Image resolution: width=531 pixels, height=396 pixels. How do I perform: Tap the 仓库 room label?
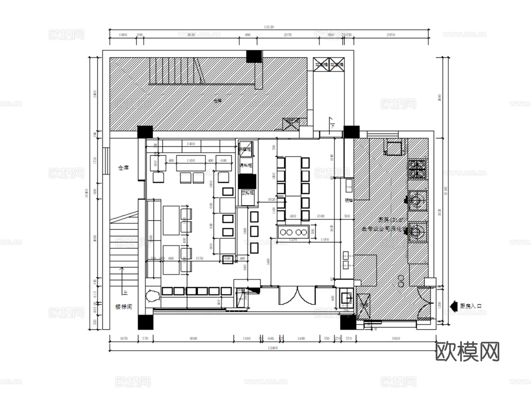click(x=124, y=168)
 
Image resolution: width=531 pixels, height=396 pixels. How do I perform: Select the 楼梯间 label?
click(x=123, y=307)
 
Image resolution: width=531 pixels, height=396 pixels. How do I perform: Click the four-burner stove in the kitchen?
click(x=417, y=169)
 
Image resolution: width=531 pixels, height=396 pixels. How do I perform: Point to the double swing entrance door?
click(x=296, y=295)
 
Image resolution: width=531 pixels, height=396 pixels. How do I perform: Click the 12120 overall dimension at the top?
click(x=269, y=27)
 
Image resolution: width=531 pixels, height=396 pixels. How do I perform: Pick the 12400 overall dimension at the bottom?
click(x=272, y=348)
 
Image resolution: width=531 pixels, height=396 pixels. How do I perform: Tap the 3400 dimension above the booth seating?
click(x=190, y=144)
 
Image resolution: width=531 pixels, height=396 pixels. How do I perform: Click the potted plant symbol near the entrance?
click(x=153, y=296)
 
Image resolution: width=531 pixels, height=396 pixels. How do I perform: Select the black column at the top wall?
click(x=254, y=56)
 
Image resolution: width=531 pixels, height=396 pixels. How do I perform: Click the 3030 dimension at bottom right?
click(x=395, y=339)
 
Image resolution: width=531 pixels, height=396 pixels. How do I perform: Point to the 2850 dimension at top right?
click(x=391, y=35)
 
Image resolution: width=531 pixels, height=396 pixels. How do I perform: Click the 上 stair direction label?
click(x=125, y=293)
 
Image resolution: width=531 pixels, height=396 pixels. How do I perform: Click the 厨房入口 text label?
click(x=470, y=306)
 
